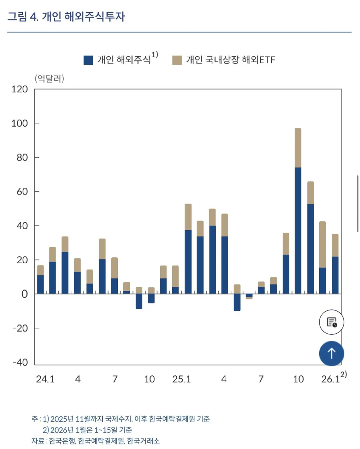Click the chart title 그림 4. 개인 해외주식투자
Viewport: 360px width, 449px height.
[66, 17]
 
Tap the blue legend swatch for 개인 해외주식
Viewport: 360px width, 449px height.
[88, 60]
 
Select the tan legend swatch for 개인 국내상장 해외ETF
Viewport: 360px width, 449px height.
[177, 60]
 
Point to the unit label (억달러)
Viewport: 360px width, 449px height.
[49, 78]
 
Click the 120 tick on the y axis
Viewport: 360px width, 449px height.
[20, 89]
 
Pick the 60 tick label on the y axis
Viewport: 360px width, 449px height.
[22, 192]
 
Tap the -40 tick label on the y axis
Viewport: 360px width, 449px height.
[20, 362]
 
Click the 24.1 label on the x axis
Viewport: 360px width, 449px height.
[45, 379]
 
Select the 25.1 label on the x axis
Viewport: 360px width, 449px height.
[181, 379]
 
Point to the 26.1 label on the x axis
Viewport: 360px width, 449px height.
[330, 379]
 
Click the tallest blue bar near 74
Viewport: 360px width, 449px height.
[298, 230]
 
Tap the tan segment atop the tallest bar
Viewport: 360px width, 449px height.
[298, 148]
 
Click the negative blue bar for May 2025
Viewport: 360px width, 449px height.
[237, 302]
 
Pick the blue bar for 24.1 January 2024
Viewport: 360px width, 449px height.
[40, 284]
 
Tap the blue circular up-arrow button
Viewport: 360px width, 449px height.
[332, 353]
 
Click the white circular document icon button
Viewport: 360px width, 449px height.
[332, 322]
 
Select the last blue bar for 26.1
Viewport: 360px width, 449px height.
[335, 275]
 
